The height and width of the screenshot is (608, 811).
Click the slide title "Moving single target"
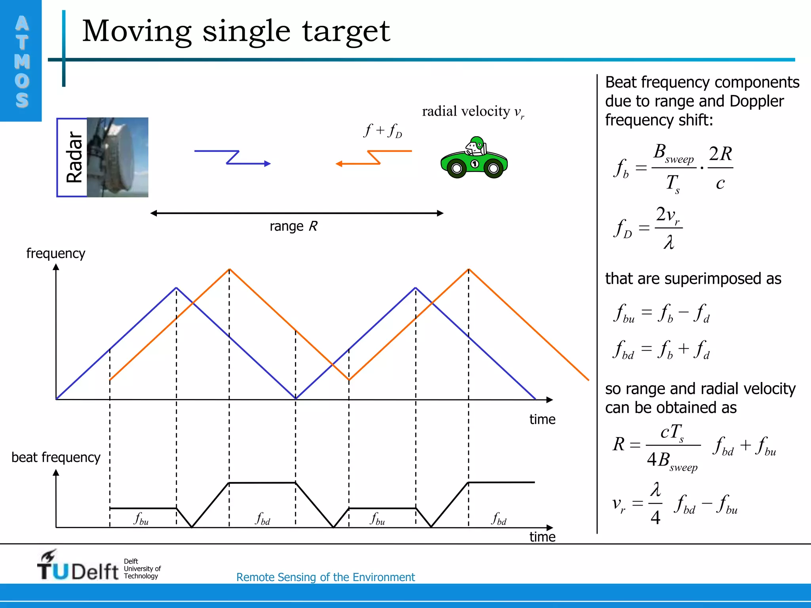coord(236,32)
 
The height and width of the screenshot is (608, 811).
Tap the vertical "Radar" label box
coord(72,157)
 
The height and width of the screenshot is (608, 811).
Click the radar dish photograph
coord(118,157)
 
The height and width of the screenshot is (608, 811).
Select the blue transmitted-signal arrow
coord(232,158)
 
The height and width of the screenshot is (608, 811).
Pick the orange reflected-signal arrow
coord(373,158)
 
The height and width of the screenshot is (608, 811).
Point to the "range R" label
coord(293,226)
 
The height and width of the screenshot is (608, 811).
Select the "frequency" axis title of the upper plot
coord(56,253)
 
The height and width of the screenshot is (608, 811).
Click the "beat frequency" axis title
coord(56,458)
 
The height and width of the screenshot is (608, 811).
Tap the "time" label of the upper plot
coord(542,420)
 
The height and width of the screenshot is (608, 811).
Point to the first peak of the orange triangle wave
coord(229,270)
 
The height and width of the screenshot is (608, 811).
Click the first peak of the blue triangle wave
coord(177,288)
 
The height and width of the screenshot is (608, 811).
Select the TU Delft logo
coord(78,566)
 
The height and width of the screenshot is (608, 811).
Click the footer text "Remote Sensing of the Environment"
coord(326,577)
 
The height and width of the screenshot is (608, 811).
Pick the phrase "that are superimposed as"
coord(693,279)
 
